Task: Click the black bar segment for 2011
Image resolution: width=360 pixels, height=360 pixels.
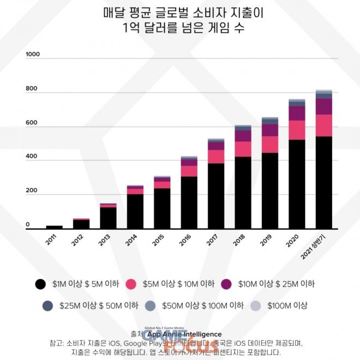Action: tap(54, 227)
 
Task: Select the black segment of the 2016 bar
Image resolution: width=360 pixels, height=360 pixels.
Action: tap(189, 202)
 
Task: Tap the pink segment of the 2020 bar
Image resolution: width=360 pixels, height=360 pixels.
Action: tap(297, 130)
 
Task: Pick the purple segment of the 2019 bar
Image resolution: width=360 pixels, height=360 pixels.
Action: tap(270, 130)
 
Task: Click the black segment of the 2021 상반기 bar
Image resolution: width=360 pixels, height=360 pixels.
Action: tap(324, 182)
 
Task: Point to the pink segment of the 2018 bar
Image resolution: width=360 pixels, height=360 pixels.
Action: tap(243, 149)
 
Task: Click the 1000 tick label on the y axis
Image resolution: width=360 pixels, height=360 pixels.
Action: tap(33, 55)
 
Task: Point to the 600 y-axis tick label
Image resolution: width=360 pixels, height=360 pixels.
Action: tap(31, 123)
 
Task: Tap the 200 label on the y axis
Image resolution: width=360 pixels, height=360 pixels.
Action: tap(31, 191)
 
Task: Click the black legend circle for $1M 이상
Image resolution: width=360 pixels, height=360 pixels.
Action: tap(40, 284)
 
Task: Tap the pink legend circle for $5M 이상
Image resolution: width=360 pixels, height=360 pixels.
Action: tap(130, 284)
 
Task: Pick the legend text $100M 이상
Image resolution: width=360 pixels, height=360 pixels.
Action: tap(287, 305)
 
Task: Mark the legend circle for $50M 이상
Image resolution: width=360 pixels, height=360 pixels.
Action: tap(151, 306)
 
